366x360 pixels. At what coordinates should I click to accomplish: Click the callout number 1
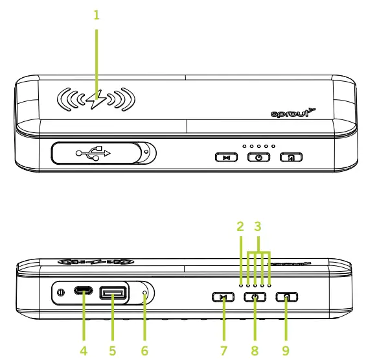point(97,14)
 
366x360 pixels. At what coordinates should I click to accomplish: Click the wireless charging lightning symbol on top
point(97,101)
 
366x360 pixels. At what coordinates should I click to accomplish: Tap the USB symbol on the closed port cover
point(93,153)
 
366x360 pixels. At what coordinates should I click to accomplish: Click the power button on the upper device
point(258,157)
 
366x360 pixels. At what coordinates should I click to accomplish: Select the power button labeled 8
point(255,297)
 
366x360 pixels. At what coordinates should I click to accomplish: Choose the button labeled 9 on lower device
point(286,297)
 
